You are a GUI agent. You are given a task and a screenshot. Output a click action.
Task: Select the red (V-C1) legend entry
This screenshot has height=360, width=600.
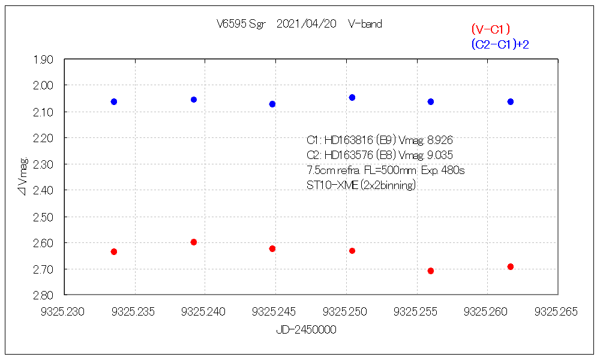click(490, 29)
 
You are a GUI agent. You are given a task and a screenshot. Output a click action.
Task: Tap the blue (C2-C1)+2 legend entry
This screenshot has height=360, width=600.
click(500, 44)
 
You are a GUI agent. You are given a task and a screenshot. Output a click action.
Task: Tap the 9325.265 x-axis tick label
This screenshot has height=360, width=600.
click(558, 311)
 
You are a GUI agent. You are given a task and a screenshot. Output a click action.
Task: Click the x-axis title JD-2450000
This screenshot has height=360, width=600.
click(306, 330)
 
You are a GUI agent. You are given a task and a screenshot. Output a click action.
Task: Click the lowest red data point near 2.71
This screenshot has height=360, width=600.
click(430, 271)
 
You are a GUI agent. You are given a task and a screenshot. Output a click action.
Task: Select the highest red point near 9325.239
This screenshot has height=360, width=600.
click(194, 242)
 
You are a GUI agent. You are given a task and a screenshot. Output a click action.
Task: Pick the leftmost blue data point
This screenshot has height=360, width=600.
click(114, 101)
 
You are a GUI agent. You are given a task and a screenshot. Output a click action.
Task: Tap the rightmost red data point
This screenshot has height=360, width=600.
click(511, 266)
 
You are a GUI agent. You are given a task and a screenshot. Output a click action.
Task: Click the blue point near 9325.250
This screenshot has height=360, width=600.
click(352, 97)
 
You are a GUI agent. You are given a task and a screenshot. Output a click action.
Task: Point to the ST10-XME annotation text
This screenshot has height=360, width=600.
click(332, 185)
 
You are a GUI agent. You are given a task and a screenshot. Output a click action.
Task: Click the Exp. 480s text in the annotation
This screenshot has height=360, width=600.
click(443, 170)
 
